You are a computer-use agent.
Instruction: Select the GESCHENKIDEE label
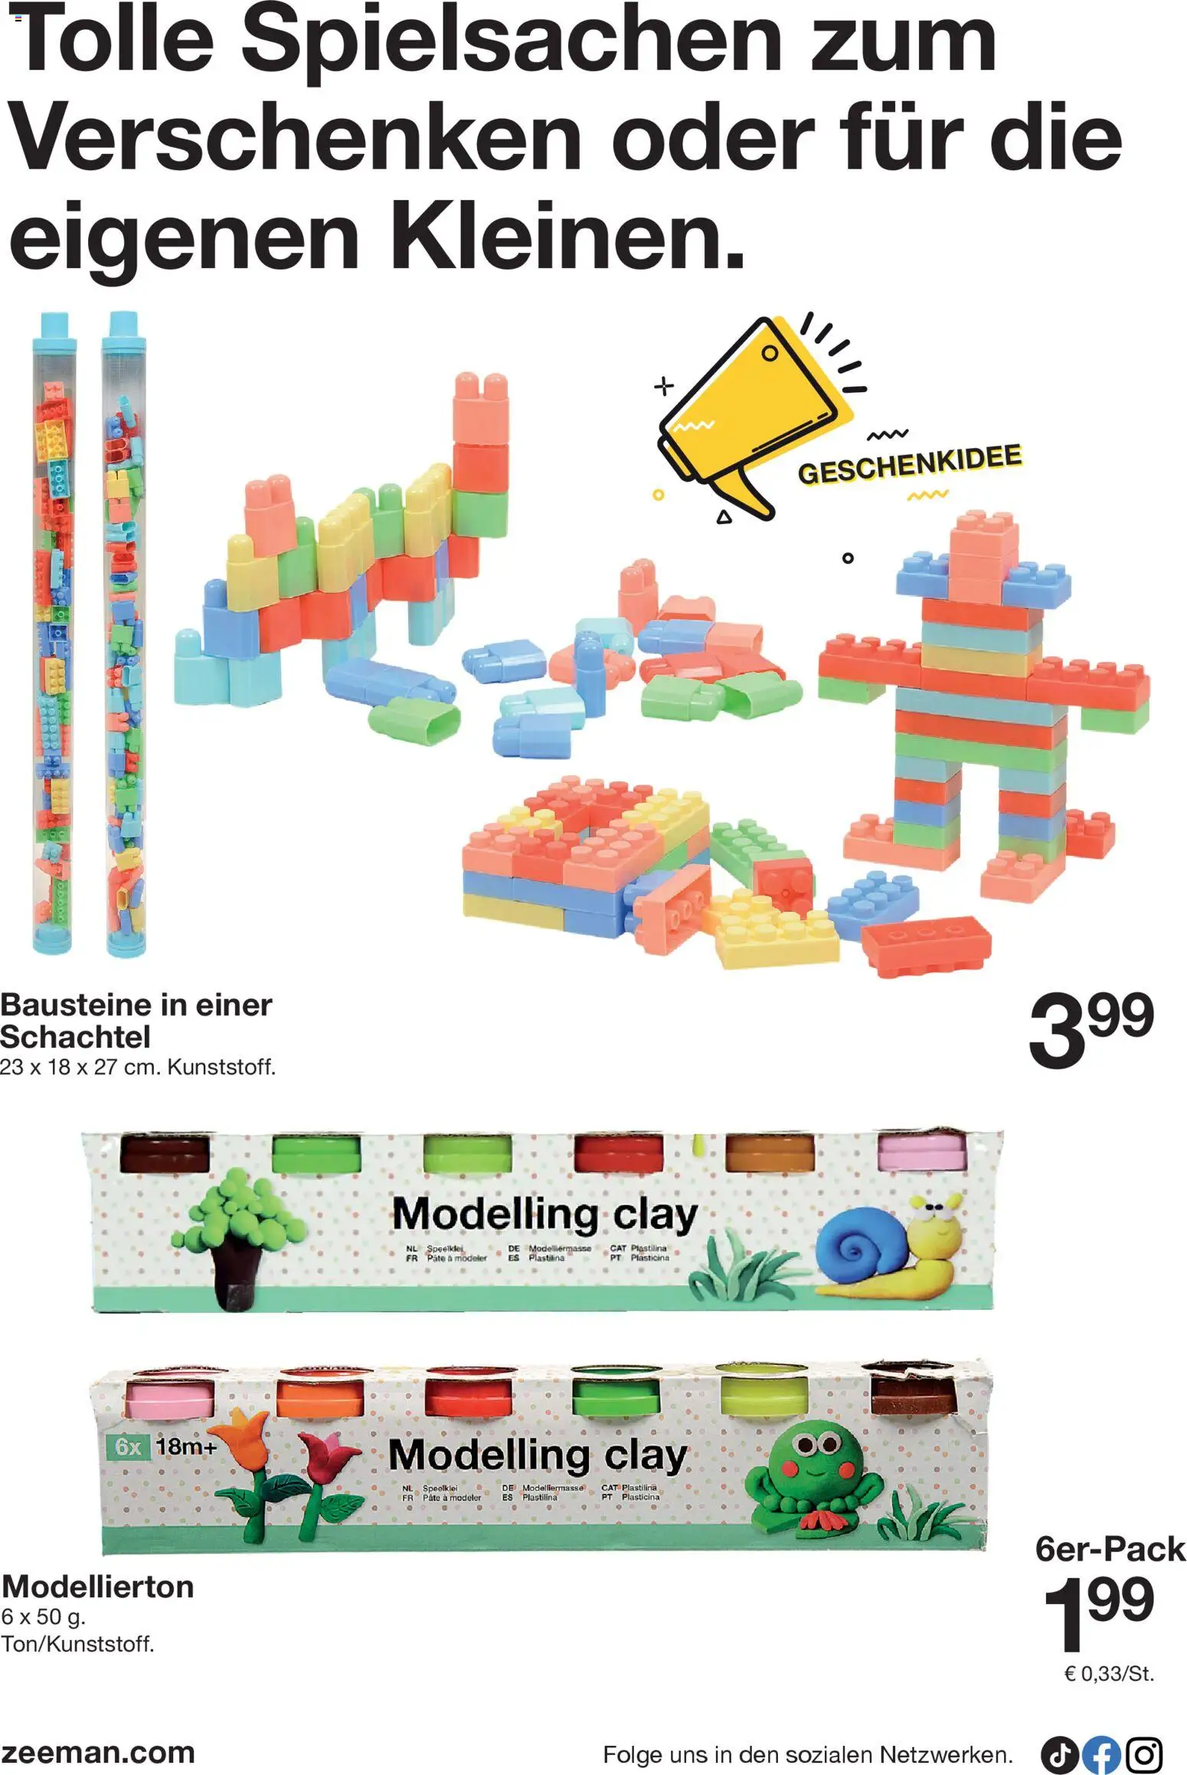point(910,463)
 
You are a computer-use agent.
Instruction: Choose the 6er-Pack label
point(1110,1548)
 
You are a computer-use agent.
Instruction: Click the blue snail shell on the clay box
point(855,1243)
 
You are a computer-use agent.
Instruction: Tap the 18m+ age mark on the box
point(187,1447)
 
